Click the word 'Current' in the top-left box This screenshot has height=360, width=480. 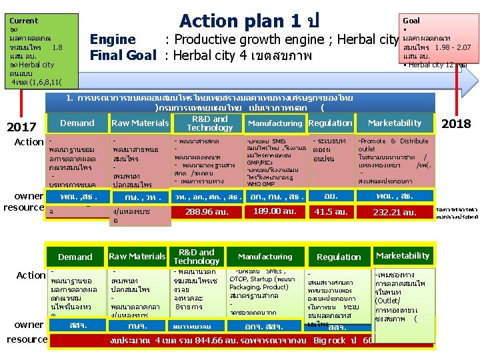pos(24,21)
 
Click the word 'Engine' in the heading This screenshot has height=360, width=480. pos(113,39)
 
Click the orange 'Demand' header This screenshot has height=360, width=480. pos(77,123)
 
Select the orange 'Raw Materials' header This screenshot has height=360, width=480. pos(139,123)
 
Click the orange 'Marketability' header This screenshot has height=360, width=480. pos(395,123)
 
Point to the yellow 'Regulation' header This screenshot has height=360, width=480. pos(339,257)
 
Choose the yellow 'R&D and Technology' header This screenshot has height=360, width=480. pos(197,256)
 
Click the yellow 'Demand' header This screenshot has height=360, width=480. pos(75,257)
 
